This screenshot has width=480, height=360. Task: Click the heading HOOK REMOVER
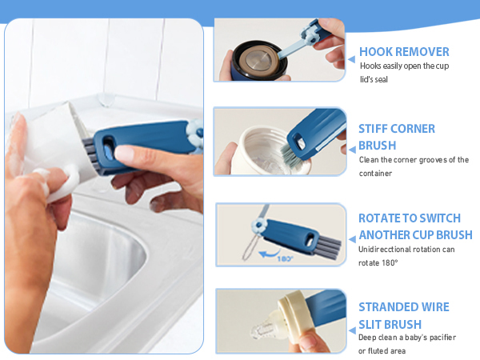(x=404, y=52)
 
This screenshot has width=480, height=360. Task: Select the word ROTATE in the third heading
(x=378, y=218)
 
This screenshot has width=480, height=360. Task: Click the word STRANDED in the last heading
(x=389, y=307)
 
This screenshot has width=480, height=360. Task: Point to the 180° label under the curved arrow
(x=285, y=258)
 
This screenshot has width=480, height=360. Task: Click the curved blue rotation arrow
(x=269, y=254)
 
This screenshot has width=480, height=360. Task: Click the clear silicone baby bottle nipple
(x=265, y=327)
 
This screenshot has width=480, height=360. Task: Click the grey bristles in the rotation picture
(x=330, y=247)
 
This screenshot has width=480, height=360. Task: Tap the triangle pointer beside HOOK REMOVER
(x=352, y=59)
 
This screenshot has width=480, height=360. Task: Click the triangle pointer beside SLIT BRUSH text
(x=352, y=330)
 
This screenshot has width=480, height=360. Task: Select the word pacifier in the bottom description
(x=443, y=338)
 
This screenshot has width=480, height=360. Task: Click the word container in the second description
(x=375, y=174)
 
